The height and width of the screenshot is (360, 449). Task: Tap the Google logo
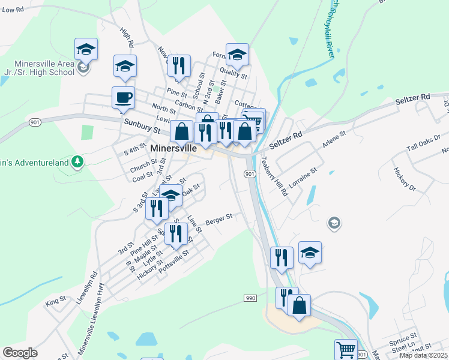[20, 352]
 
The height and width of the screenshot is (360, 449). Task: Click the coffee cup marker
[124, 98]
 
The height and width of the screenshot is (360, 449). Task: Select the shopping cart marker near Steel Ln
[345, 350]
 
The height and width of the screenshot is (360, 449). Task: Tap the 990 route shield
[251, 298]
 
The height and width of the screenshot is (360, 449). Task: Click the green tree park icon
[77, 161]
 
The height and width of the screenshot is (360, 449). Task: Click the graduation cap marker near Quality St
[237, 55]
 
